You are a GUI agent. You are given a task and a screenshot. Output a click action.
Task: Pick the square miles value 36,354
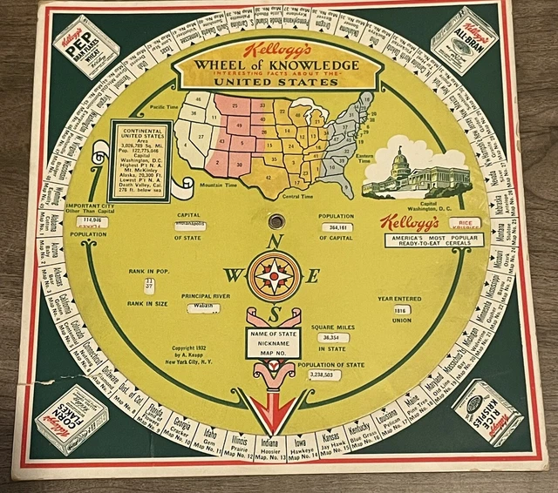(330, 337)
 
